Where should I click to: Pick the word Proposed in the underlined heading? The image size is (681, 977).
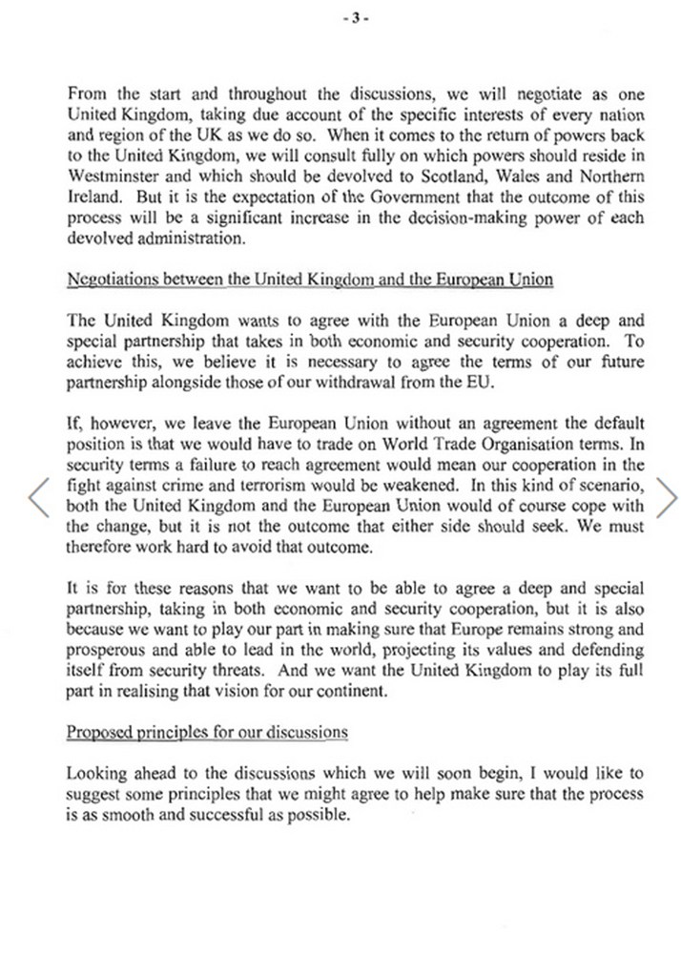(95, 733)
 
